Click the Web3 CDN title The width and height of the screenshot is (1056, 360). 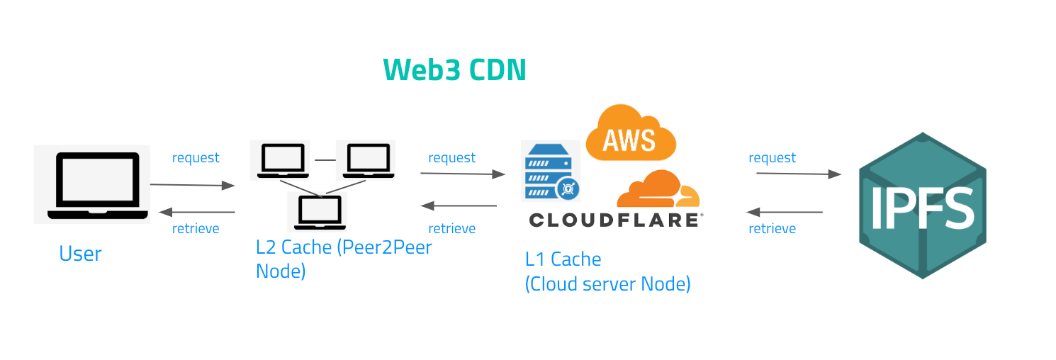click(454, 70)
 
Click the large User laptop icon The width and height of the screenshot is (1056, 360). click(92, 185)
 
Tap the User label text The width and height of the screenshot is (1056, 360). click(80, 254)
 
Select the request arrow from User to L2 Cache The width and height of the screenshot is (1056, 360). click(192, 185)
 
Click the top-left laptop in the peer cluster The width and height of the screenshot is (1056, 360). click(279, 160)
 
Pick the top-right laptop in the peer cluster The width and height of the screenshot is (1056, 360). click(366, 160)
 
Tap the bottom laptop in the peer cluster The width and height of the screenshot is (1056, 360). click(318, 211)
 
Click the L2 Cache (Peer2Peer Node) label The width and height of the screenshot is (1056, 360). click(344, 259)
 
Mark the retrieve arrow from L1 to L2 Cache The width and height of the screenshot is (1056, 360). click(459, 206)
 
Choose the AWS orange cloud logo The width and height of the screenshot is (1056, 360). click(630, 133)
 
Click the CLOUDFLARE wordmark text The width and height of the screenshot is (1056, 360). click(614, 220)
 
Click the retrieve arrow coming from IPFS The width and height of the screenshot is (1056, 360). click(785, 212)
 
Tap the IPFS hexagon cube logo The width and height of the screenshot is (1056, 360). click(922, 206)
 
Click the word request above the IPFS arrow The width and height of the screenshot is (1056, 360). click(772, 158)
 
